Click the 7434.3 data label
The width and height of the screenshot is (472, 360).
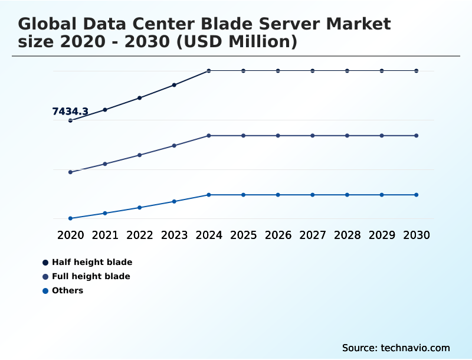click(70, 112)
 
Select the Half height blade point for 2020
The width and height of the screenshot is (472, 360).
click(70, 120)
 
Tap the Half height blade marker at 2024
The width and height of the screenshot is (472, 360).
click(209, 71)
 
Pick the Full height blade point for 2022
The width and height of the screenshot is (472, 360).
click(140, 155)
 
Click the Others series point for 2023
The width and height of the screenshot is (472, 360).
click(174, 201)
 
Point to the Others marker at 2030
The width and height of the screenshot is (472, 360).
click(417, 195)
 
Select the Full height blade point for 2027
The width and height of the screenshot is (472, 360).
click(313, 136)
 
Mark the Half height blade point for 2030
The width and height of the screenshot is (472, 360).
click(417, 71)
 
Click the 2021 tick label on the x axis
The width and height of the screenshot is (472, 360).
click(105, 235)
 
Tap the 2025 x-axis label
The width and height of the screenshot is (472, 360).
click(244, 235)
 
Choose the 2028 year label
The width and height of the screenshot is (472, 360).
click(348, 235)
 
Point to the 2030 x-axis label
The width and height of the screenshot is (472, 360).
click(417, 235)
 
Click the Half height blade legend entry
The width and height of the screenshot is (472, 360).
click(92, 262)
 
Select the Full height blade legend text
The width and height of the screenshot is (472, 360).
click(91, 276)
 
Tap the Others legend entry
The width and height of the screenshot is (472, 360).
click(67, 290)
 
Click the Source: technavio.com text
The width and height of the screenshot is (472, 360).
click(396, 348)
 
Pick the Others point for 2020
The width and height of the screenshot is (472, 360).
click(70, 218)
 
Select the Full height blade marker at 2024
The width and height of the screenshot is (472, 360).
click(209, 136)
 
